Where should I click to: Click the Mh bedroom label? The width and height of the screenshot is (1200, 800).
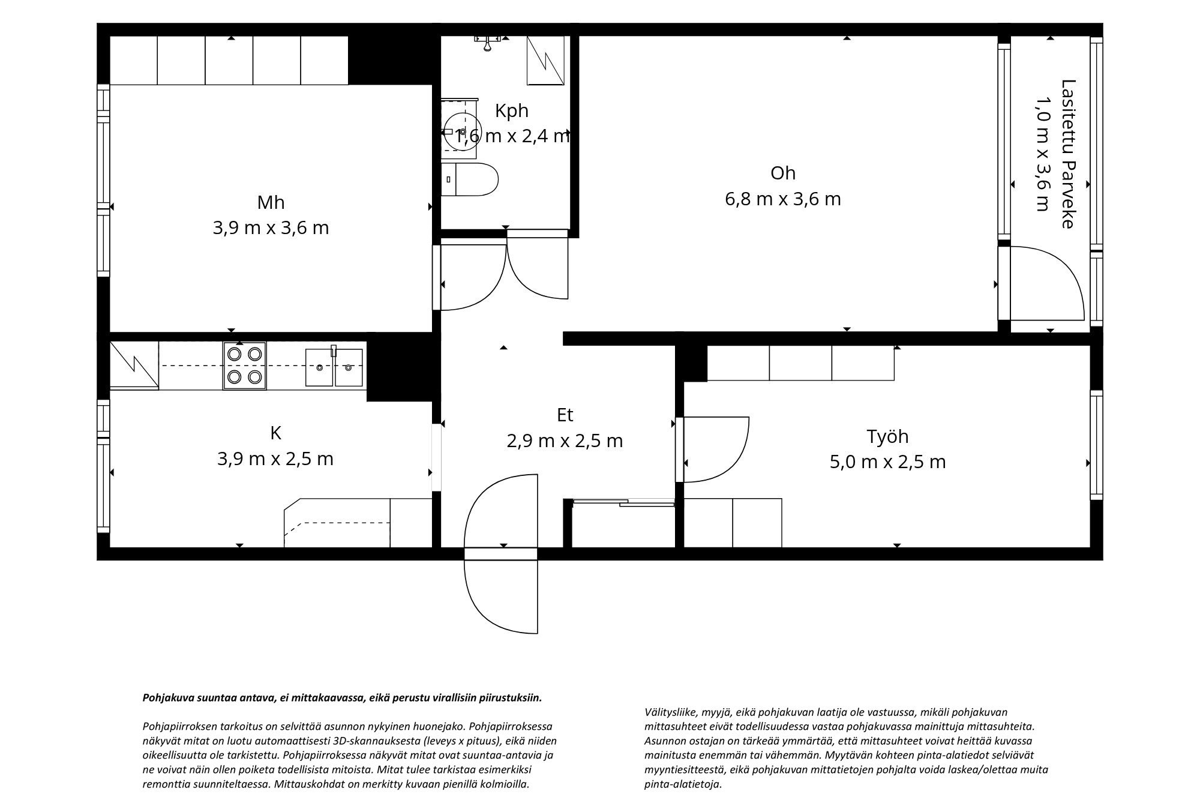click(x=271, y=203)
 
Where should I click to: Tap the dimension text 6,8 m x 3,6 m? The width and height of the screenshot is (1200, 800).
click(x=783, y=199)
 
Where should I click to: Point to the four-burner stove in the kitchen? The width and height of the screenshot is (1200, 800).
click(x=245, y=365)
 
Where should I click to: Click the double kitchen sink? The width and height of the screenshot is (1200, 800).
click(x=334, y=367)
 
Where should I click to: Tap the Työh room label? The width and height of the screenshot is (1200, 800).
click(x=887, y=437)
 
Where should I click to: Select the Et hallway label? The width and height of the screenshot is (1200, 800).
click(x=565, y=415)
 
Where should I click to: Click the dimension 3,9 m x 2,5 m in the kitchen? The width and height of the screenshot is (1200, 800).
click(x=275, y=459)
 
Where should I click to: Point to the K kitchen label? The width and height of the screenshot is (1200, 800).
click(x=276, y=433)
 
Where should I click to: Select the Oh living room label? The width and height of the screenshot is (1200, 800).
click(x=783, y=173)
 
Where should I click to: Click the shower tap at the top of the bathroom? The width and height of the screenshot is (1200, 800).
click(x=488, y=41)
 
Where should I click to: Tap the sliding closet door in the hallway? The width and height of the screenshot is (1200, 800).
click(x=624, y=502)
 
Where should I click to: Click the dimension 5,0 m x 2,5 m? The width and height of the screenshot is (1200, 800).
click(x=888, y=462)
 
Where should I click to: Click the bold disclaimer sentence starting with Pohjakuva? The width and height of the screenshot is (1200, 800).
click(x=342, y=698)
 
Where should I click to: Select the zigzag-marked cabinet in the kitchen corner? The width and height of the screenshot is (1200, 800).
click(x=134, y=365)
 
